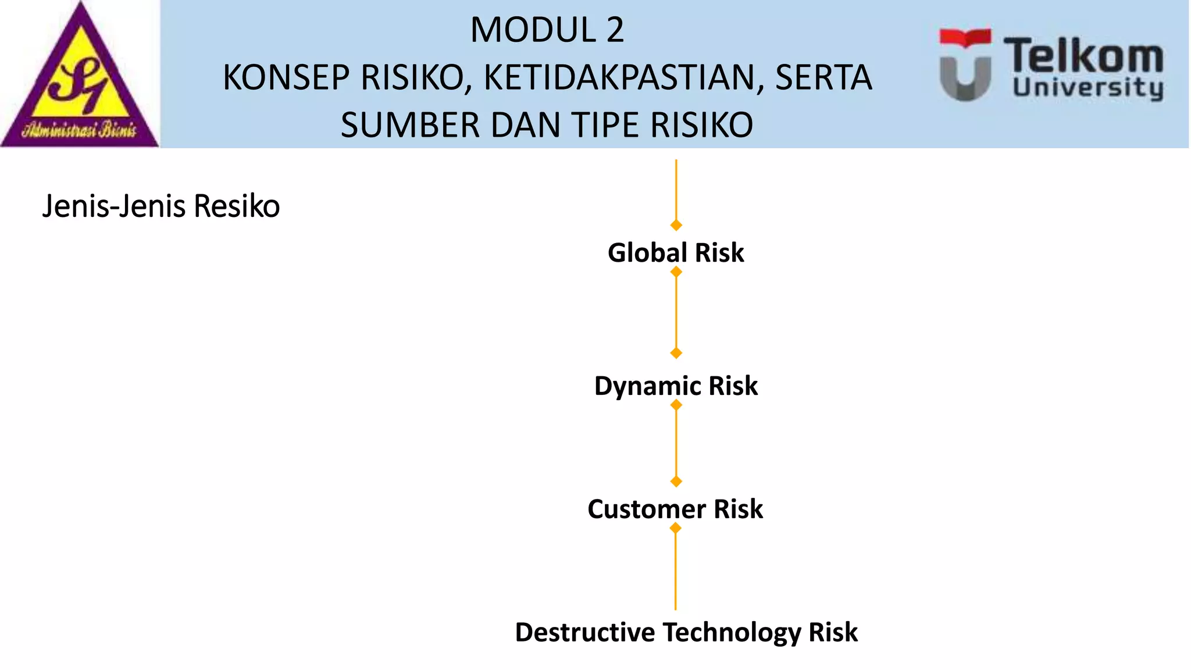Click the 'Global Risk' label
[x=676, y=253]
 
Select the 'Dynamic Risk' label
[x=676, y=386]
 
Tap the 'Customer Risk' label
[x=675, y=509]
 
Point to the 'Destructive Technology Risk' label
[x=686, y=633]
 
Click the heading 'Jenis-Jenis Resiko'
[x=161, y=206]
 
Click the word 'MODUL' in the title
[x=533, y=30]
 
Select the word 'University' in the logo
[x=1088, y=89]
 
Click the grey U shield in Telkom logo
[x=965, y=79]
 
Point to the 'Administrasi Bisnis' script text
[x=80, y=129]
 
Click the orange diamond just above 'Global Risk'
[x=676, y=225]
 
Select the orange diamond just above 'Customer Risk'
[x=676, y=482]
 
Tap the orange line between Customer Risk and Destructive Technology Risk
[x=675, y=570]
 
